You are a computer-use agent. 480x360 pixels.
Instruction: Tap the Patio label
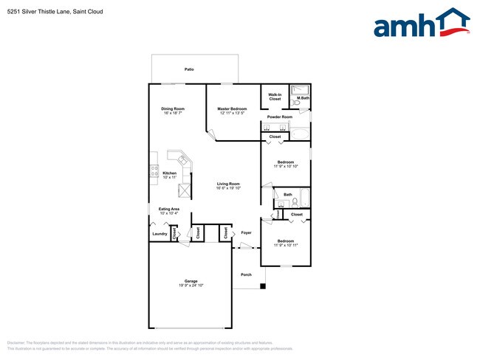click(x=190, y=69)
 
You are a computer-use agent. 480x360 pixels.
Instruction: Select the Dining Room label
click(x=173, y=109)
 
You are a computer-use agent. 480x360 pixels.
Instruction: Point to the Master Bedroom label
click(x=232, y=109)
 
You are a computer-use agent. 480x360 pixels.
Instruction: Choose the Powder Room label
click(x=280, y=117)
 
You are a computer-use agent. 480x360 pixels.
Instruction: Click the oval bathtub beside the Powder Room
click(x=299, y=134)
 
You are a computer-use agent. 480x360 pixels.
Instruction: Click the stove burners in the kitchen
click(x=154, y=170)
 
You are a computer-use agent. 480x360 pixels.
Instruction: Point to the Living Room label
click(x=228, y=184)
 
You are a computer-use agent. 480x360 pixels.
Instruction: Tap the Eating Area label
click(x=170, y=209)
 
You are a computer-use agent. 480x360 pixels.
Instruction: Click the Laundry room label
click(x=160, y=234)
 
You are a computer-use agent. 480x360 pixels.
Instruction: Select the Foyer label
click(x=247, y=233)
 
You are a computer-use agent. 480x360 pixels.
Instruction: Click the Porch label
click(x=247, y=275)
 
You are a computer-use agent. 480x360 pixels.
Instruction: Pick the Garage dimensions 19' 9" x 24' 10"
click(x=191, y=285)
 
